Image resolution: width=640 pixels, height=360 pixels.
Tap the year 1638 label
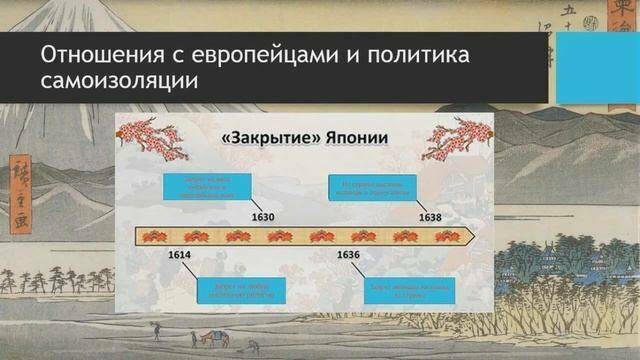click(429, 217)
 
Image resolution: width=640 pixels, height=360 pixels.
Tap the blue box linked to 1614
click(234, 287)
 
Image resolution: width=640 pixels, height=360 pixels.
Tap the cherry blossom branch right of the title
click(459, 139)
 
